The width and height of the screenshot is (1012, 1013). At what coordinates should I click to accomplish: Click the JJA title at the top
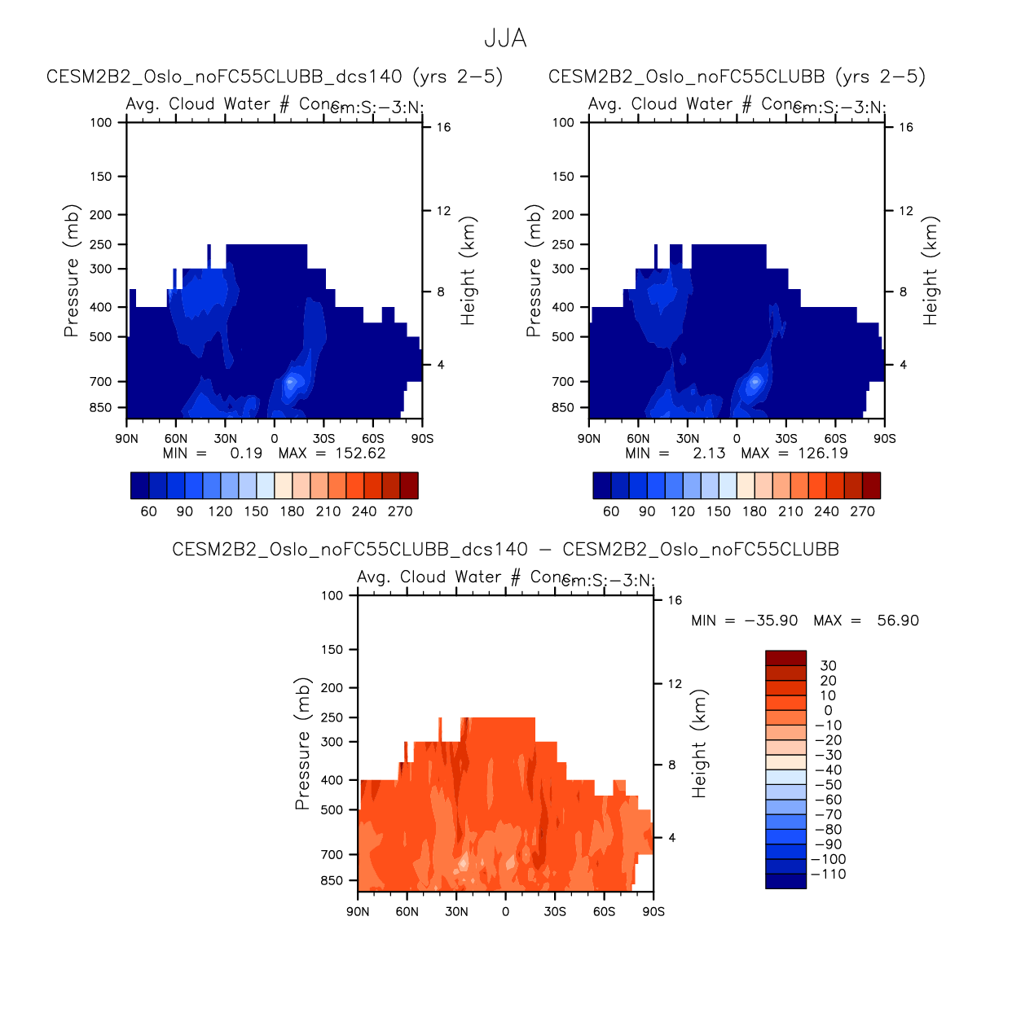[505, 38]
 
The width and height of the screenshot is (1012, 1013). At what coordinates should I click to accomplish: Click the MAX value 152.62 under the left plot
[360, 454]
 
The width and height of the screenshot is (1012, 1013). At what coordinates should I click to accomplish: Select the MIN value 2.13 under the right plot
[709, 454]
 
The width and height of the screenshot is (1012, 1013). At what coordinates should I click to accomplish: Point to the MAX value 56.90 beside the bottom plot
[898, 621]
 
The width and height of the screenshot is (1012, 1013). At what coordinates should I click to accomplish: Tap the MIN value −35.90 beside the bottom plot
[771, 621]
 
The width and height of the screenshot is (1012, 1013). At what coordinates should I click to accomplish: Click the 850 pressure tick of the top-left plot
[101, 407]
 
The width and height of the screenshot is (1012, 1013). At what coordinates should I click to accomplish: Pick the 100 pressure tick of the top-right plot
[563, 123]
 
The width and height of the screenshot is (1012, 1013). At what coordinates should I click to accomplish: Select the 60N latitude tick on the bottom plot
[407, 912]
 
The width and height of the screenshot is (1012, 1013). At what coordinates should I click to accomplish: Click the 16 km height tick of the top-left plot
[443, 127]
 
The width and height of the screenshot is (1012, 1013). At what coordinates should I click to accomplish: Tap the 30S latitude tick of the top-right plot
[786, 439]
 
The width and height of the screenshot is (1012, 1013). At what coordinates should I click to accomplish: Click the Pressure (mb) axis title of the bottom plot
[303, 743]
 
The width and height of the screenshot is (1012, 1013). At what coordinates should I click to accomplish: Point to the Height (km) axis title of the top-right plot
[931, 270]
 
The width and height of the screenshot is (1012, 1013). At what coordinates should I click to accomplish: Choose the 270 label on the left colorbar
[400, 511]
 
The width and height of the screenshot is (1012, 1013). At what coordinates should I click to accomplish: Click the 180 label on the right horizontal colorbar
[755, 511]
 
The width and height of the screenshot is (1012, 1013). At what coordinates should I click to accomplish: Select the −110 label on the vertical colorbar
[829, 875]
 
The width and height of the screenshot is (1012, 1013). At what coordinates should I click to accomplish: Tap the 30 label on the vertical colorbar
[829, 666]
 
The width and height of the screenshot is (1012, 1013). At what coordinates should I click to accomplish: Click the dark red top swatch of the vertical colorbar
[785, 658]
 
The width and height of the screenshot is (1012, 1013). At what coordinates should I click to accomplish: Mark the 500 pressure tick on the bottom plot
[332, 810]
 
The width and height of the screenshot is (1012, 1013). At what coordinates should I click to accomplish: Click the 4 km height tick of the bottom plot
[672, 838]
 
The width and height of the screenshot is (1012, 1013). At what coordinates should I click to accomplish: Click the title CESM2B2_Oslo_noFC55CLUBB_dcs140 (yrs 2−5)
[275, 77]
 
